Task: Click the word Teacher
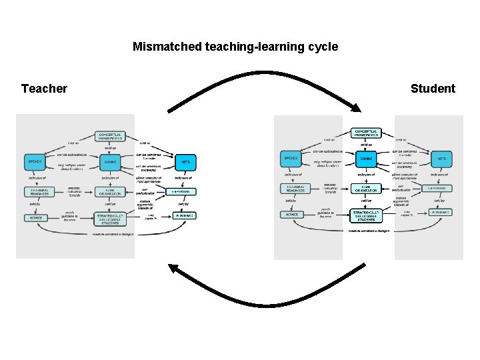44,89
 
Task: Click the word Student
433,89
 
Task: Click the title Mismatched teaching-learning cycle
235,47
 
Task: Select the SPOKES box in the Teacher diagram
35,161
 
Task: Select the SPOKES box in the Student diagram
291,158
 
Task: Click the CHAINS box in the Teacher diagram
110,161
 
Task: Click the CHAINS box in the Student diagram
366,158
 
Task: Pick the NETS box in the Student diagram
441,158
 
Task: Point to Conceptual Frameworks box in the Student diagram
366,133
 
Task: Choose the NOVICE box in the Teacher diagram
35,217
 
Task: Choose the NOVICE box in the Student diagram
291,214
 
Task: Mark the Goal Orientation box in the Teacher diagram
110,192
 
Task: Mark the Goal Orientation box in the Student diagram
366,189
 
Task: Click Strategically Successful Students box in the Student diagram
366,215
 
